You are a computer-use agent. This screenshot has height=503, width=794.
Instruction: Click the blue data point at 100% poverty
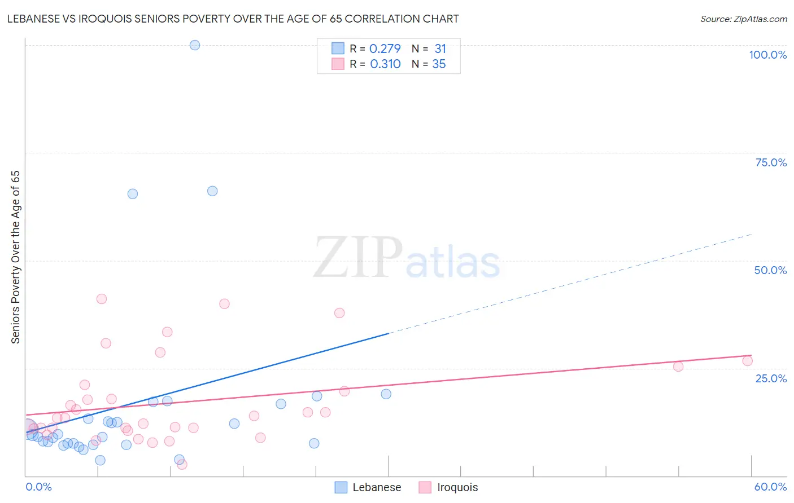click(x=195, y=45)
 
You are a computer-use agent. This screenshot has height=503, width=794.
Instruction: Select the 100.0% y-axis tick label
click(x=767, y=55)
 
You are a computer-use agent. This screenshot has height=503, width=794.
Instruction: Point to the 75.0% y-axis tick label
click(x=771, y=162)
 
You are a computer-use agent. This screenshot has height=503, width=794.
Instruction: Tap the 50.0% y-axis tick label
click(x=770, y=270)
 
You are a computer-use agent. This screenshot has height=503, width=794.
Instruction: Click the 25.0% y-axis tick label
click(x=771, y=378)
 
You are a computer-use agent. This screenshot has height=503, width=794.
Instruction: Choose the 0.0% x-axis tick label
click(x=38, y=487)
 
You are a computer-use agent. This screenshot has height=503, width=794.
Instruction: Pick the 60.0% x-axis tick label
click(x=770, y=487)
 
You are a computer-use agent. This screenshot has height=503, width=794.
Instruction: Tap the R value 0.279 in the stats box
click(x=385, y=49)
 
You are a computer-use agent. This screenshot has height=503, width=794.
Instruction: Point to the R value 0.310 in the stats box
click(x=385, y=64)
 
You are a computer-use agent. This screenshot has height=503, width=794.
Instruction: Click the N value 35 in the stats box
click(x=439, y=64)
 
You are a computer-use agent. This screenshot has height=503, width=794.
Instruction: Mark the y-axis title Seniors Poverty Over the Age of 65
click(x=16, y=257)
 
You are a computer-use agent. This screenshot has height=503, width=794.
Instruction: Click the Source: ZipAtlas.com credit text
click(x=743, y=19)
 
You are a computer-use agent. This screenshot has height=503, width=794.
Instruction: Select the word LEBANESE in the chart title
click(x=35, y=19)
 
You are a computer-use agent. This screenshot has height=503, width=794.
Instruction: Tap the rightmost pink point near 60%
click(x=747, y=361)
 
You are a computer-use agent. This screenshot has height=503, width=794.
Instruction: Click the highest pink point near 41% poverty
click(x=102, y=299)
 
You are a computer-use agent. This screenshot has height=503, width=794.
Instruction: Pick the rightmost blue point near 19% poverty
click(x=386, y=394)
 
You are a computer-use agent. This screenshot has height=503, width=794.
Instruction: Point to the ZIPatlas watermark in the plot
click(x=407, y=258)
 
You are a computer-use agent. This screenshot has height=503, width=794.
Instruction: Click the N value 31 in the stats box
click(x=440, y=49)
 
